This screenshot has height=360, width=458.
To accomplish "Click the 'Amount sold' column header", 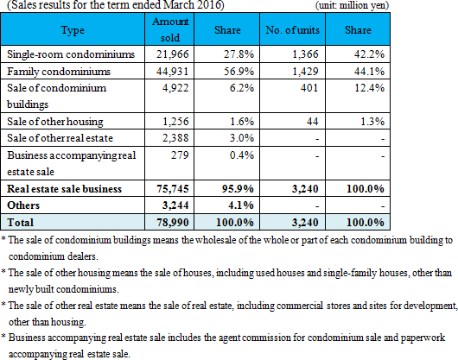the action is tap(170, 29).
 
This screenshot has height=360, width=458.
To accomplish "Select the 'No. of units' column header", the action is tap(292, 29).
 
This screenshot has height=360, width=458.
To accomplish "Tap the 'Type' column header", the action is tap(73, 30).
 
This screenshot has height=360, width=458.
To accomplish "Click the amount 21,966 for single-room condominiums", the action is tap(172, 54).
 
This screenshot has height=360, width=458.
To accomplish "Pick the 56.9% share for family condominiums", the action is tap(239, 71).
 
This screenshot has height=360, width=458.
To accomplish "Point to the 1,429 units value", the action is tap(305, 71).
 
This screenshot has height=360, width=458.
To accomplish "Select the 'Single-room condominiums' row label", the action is tap(71, 54).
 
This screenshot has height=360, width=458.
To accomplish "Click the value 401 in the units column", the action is tap(309, 88).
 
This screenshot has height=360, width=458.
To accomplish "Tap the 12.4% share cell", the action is tap(369, 88).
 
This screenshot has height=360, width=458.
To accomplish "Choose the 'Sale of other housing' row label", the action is tap(55, 122).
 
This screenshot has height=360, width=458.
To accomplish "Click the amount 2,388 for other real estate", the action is tap(175, 138).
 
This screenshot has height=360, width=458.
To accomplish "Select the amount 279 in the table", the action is tap(180, 155).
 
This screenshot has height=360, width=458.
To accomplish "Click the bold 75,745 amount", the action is tap(173, 189).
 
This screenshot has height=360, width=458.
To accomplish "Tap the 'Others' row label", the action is tap(23, 205).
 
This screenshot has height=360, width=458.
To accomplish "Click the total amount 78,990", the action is tap(173, 222).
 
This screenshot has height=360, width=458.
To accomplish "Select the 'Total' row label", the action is tap(20, 222).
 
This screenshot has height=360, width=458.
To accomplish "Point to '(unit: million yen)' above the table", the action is tap(352, 5).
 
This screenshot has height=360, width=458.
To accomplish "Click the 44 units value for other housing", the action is tap(312, 122).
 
